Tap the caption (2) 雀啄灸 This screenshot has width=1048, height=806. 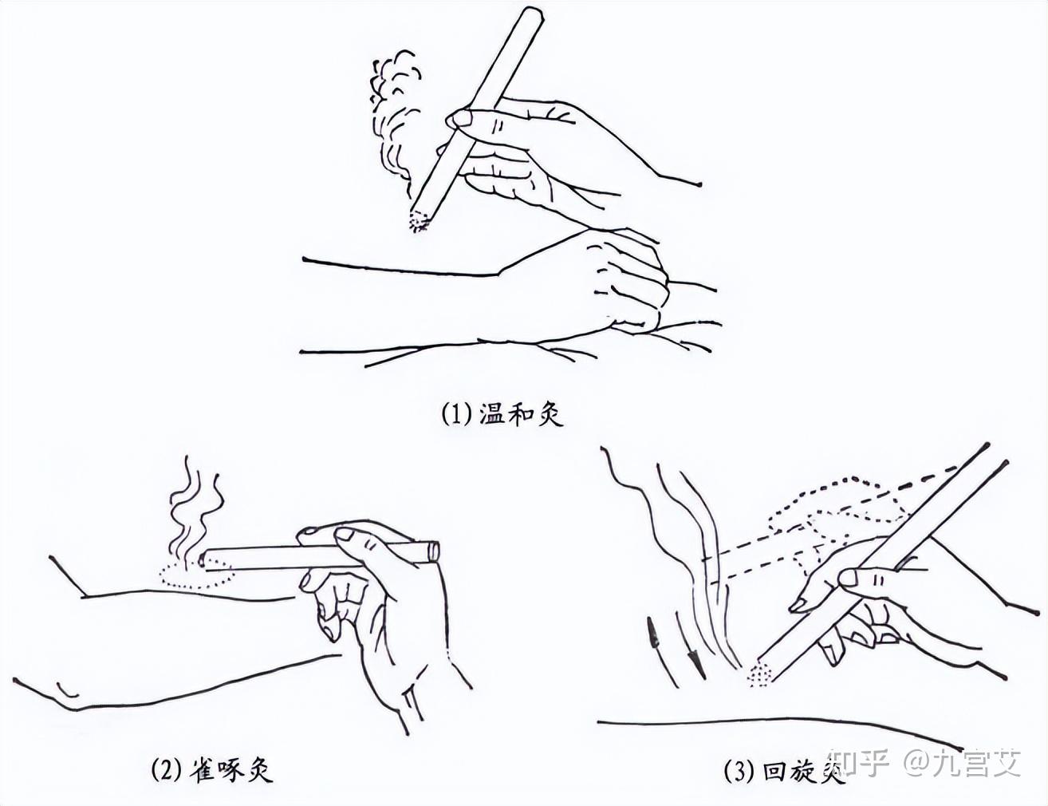[x=212, y=769]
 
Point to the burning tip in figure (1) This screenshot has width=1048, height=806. [x=419, y=221]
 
